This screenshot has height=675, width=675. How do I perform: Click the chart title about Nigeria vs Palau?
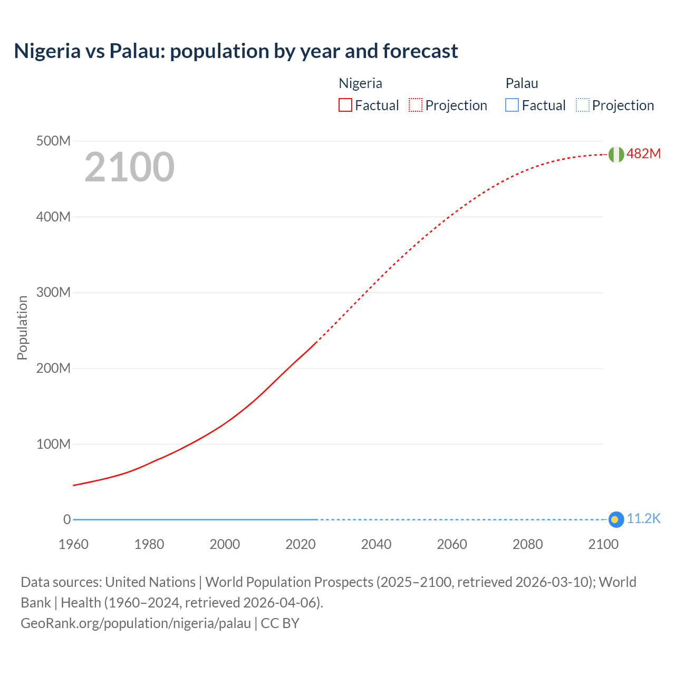236,51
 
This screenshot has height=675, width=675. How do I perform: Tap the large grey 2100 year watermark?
129,167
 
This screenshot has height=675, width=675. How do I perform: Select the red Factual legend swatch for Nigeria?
345,105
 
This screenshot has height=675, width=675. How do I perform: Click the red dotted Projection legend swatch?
416,105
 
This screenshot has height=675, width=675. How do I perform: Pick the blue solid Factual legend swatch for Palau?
512,105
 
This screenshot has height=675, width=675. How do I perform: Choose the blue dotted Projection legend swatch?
583,105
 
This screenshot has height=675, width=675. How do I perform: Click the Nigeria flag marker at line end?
616,155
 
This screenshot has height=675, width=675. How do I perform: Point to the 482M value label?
643,153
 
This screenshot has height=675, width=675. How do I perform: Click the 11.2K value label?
643,519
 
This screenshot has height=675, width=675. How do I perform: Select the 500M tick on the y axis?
53,141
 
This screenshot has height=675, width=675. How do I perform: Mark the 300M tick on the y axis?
53,293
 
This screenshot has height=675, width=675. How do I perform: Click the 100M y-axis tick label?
53,444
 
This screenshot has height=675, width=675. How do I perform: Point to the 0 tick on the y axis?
67,519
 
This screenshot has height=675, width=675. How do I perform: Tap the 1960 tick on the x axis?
73,544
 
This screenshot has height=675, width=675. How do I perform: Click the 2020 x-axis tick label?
301,544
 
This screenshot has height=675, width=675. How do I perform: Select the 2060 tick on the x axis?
452,544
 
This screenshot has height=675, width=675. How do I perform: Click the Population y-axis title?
22,327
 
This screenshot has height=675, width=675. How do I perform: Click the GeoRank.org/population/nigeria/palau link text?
136,623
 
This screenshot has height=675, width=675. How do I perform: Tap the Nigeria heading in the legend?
360,83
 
